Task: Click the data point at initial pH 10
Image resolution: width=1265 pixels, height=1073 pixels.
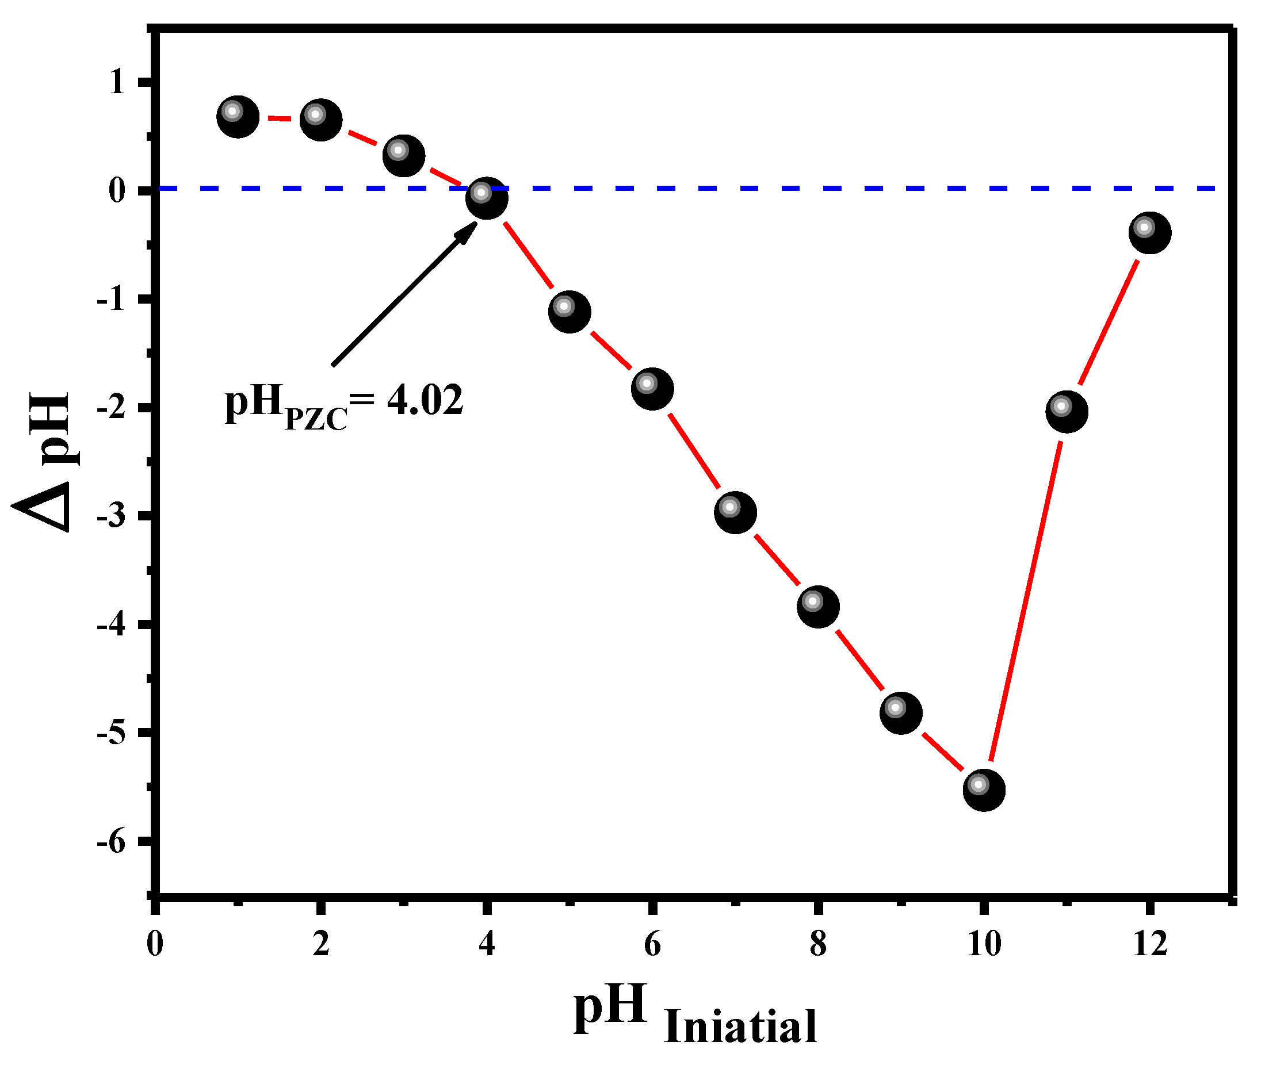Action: click(x=984, y=790)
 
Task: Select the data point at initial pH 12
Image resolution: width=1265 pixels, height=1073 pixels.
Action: click(x=1149, y=232)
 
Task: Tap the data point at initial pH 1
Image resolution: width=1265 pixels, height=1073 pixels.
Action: click(x=238, y=116)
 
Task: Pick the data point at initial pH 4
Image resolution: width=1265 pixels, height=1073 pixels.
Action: click(x=487, y=197)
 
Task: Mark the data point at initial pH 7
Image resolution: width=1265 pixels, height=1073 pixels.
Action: click(x=735, y=512)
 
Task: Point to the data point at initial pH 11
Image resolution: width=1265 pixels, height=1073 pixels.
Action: click(x=1067, y=411)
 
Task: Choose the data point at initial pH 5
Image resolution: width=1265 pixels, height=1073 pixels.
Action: click(x=570, y=312)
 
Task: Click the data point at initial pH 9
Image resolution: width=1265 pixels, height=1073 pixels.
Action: click(x=900, y=713)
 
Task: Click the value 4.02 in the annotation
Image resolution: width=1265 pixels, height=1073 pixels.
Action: click(x=425, y=401)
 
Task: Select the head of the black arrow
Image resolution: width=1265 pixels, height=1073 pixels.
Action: click(x=468, y=231)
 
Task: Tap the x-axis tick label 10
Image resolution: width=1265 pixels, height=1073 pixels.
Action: click(x=984, y=944)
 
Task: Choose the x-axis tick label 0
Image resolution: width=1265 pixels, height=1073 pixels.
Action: click(x=155, y=944)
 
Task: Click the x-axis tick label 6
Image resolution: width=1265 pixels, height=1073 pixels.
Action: click(x=652, y=944)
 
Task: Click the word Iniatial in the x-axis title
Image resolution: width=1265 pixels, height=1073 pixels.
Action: click(x=740, y=1027)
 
